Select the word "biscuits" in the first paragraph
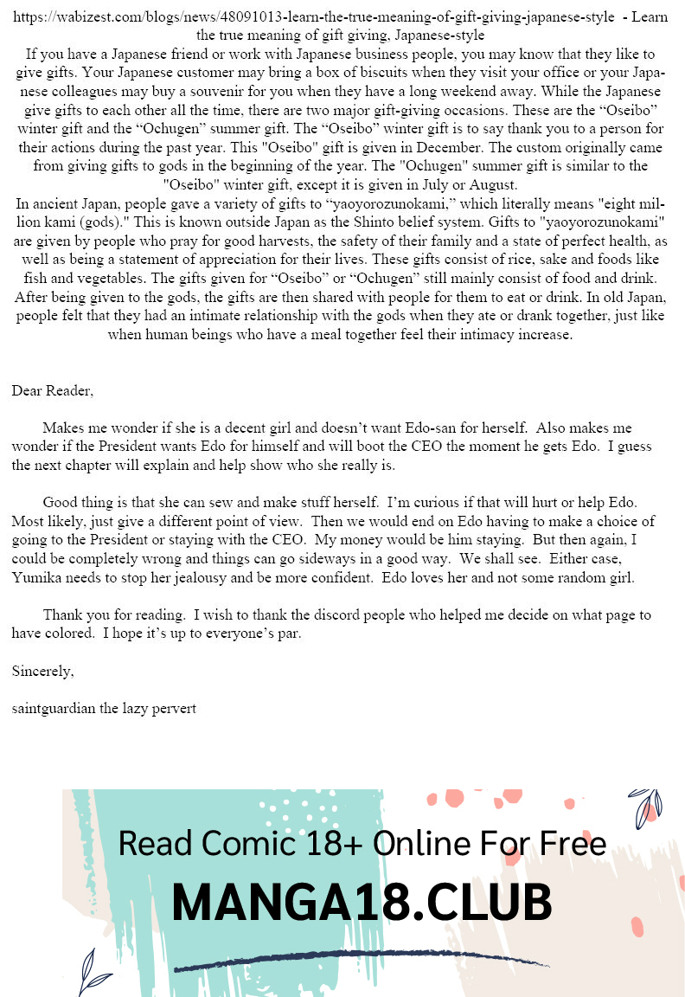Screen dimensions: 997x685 click(412, 73)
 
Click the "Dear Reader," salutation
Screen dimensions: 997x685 click(53, 390)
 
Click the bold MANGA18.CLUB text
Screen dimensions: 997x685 click(362, 903)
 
